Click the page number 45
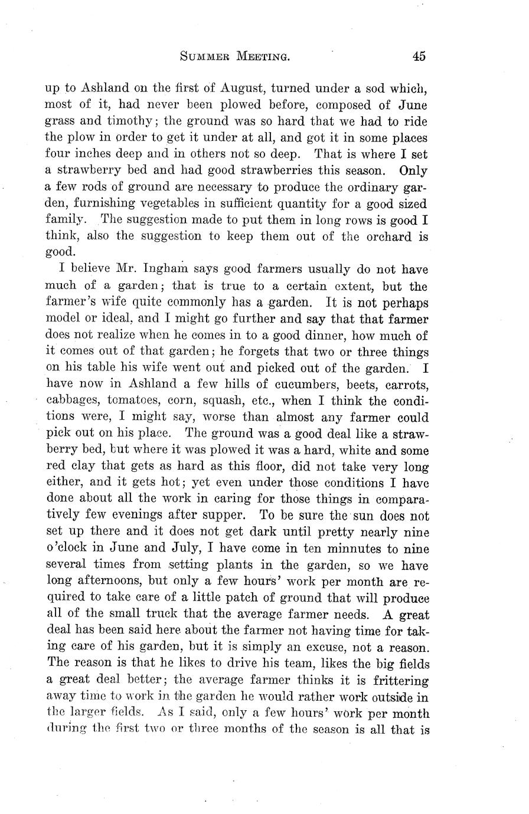pyautogui.click(x=419, y=57)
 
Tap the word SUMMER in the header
pyautogui.click(x=204, y=57)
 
